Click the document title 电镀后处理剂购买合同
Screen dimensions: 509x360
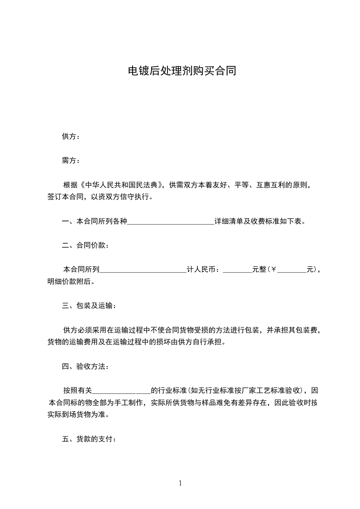click(182, 71)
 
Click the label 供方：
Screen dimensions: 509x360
click(71, 137)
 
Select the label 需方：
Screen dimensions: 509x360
click(71, 160)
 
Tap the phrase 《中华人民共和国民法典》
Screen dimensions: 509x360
click(121, 185)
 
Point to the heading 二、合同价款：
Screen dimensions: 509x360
click(85, 245)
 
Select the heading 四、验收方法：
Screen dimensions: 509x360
click(85, 366)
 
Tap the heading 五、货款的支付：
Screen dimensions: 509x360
click(89, 439)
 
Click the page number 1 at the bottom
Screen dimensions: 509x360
click(180, 483)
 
